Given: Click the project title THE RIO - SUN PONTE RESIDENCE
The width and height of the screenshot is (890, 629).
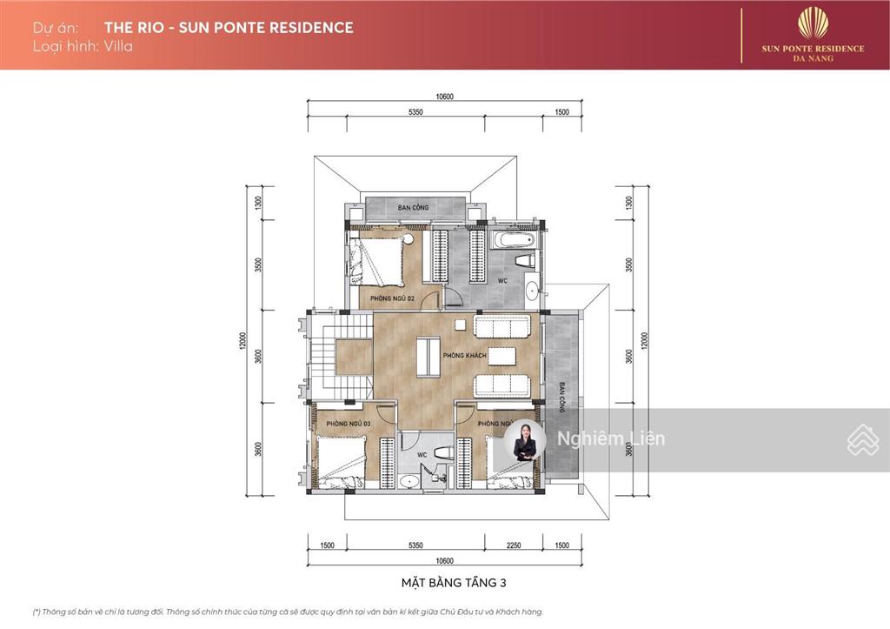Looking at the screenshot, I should [229, 27].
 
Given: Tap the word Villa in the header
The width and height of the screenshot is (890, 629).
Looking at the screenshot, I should [117, 46].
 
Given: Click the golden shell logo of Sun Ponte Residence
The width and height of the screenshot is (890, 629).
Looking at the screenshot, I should [813, 23].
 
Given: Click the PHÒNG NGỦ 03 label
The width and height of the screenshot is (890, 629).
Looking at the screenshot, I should [348, 424].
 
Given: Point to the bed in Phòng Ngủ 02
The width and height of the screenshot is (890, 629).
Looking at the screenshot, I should [381, 260].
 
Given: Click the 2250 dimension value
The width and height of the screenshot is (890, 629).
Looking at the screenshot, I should [514, 545].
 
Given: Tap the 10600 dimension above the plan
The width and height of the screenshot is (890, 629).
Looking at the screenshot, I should [445, 97].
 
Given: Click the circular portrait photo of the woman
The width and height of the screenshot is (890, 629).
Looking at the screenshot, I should [525, 440].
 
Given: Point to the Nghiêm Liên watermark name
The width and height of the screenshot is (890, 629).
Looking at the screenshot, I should [611, 438].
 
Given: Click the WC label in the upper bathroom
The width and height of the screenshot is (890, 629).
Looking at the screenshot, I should [502, 281].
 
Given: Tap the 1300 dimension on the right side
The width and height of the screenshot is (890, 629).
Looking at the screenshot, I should [628, 203].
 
